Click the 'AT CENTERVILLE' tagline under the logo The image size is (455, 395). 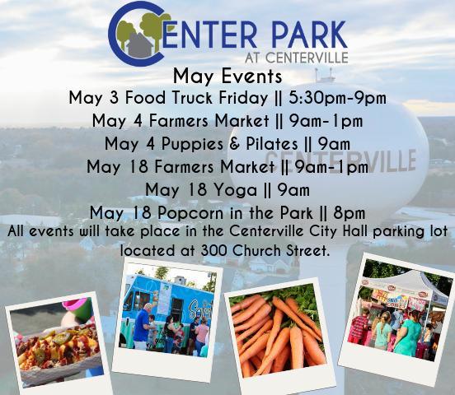pyautogui.click(x=296, y=58)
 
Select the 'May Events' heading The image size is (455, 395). pyautogui.click(x=227, y=77)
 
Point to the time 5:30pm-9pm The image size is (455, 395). pyautogui.click(x=337, y=98)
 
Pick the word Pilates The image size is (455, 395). pyautogui.click(x=272, y=143)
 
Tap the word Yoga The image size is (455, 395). pyautogui.click(x=236, y=191)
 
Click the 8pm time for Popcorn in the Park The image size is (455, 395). pyautogui.click(x=349, y=213)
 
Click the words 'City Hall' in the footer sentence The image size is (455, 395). pyautogui.click(x=339, y=231)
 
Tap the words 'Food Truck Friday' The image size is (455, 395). pyautogui.click(x=197, y=98)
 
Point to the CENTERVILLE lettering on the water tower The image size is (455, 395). pyautogui.click(x=340, y=161)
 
